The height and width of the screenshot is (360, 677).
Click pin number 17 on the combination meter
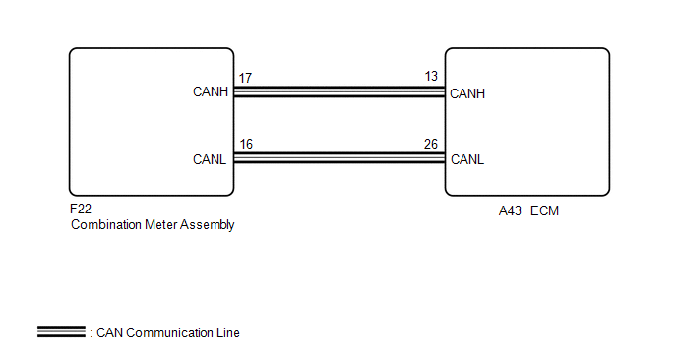[x=245, y=78]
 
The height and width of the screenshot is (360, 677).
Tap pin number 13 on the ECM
[x=431, y=77]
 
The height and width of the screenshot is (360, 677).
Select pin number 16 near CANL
[x=246, y=145]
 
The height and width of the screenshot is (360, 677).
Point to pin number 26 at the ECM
[x=431, y=145]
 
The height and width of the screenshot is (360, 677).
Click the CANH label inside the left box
[x=211, y=91]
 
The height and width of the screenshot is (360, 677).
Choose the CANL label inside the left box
[x=210, y=159]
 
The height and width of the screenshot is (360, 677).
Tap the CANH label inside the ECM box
[x=467, y=93]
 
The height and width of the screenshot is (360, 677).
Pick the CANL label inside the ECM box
[x=467, y=159]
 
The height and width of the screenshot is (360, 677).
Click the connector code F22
[x=81, y=209]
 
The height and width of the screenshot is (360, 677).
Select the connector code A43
[x=510, y=211]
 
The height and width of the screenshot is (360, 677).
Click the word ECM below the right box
[x=544, y=211]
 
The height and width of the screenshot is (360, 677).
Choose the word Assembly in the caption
[x=208, y=225]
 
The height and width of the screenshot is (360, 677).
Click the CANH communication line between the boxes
[x=339, y=91]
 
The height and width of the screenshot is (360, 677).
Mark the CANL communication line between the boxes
[x=339, y=158]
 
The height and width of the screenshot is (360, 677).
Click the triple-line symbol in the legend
[x=61, y=331]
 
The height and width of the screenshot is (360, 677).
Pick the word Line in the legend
[x=228, y=333]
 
